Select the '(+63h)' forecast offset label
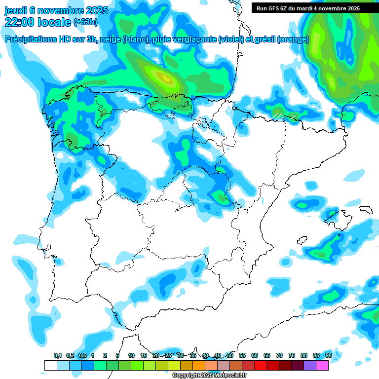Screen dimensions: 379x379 click(x=85, y=22)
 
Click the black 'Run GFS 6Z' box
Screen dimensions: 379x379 click(x=308, y=8)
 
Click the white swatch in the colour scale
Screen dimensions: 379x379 click(x=50, y=365)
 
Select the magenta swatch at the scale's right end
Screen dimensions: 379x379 click(x=322, y=365)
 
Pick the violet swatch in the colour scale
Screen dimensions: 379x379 click(x=310, y=365)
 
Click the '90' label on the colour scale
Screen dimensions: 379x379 click(x=328, y=355)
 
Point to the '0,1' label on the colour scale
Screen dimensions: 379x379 click(x=58, y=355)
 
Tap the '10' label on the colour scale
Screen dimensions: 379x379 click(x=131, y=355)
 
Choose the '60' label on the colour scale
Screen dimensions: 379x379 click(x=255, y=355)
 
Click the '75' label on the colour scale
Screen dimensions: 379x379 click(x=292, y=355)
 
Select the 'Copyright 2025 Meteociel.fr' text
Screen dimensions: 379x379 click(x=209, y=376)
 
